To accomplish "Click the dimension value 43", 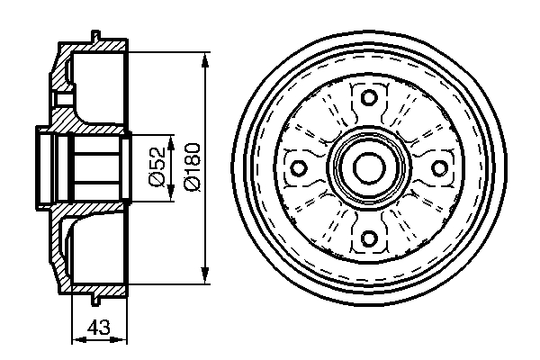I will (x=99, y=328).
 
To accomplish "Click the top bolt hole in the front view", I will (x=367, y=98).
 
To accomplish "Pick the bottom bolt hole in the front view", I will (x=367, y=238).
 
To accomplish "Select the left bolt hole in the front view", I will (x=297, y=168).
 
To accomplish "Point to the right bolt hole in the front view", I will (x=437, y=168).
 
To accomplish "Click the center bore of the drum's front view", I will (x=367, y=168).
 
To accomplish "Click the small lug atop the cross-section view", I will (x=94, y=38).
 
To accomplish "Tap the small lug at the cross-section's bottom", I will (x=94, y=297).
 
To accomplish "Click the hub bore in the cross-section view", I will (x=94, y=168).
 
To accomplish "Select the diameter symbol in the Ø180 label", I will (x=191, y=184).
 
